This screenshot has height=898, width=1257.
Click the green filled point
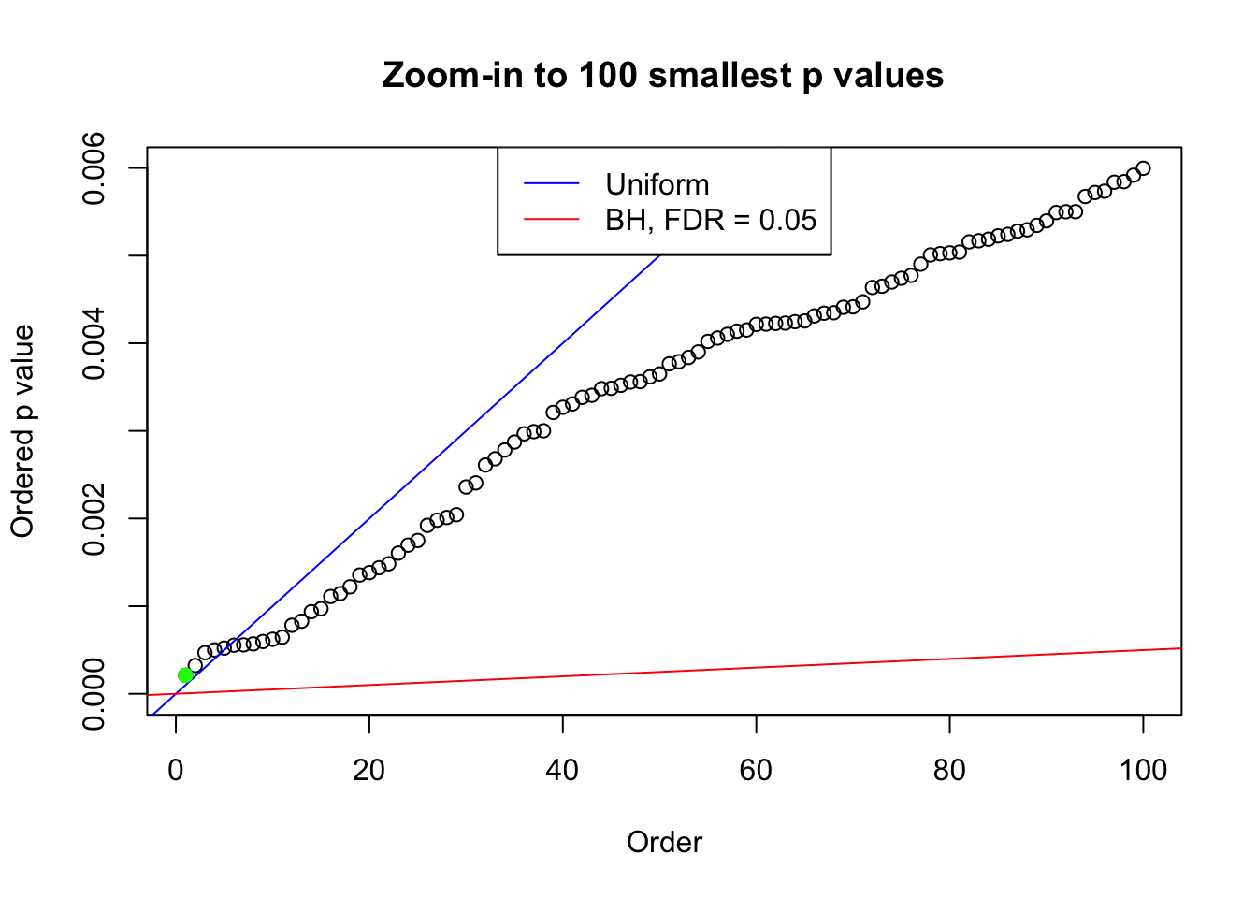[185, 675]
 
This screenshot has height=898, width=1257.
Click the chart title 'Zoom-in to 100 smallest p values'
[663, 75]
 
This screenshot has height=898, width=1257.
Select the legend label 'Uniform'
[657, 184]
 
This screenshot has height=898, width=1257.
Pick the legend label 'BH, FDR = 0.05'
[711, 220]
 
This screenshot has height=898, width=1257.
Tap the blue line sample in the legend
[552, 184]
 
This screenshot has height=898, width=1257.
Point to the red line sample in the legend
[552, 220]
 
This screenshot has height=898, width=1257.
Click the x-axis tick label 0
[176, 770]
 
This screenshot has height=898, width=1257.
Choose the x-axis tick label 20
[369, 770]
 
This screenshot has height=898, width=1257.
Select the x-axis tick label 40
[562, 770]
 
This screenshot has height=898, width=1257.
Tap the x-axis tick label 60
[756, 770]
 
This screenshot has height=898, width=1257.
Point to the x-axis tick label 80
[949, 770]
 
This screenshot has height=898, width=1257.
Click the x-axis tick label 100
[1143, 770]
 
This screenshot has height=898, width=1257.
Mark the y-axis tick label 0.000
[94, 693]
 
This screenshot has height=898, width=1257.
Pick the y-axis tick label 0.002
[94, 518]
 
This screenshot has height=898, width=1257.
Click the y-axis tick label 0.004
[94, 343]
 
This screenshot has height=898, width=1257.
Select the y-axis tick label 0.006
[94, 168]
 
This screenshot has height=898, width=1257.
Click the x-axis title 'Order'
[664, 842]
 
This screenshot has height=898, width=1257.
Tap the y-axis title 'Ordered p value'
[22, 431]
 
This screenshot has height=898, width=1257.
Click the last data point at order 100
[1143, 168]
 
